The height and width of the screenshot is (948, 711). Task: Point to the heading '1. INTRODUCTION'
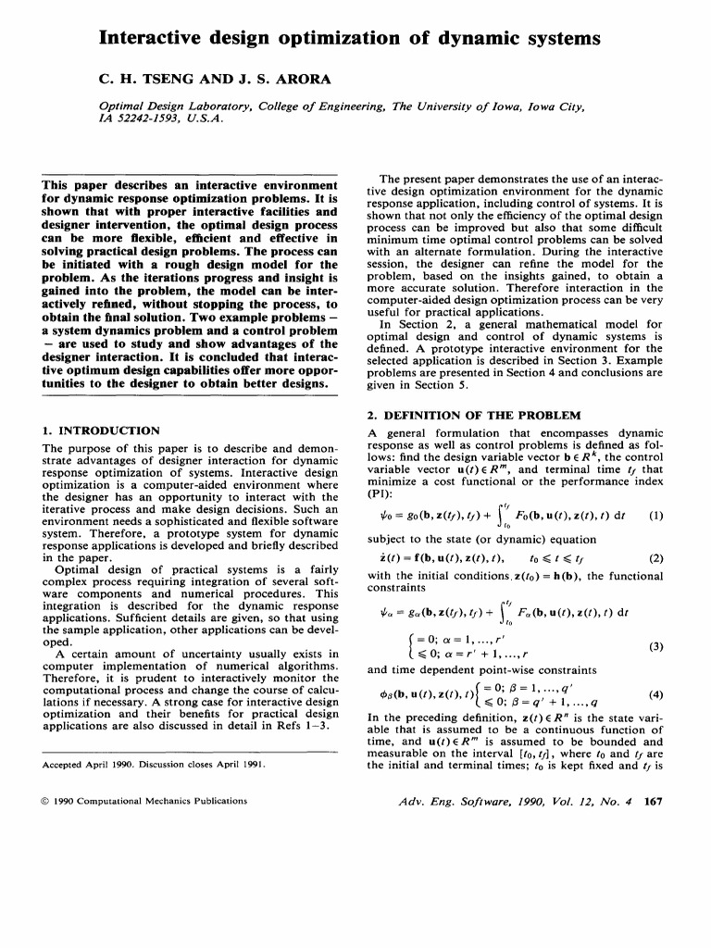[102, 430]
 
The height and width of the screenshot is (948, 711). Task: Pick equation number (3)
[655, 646]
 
